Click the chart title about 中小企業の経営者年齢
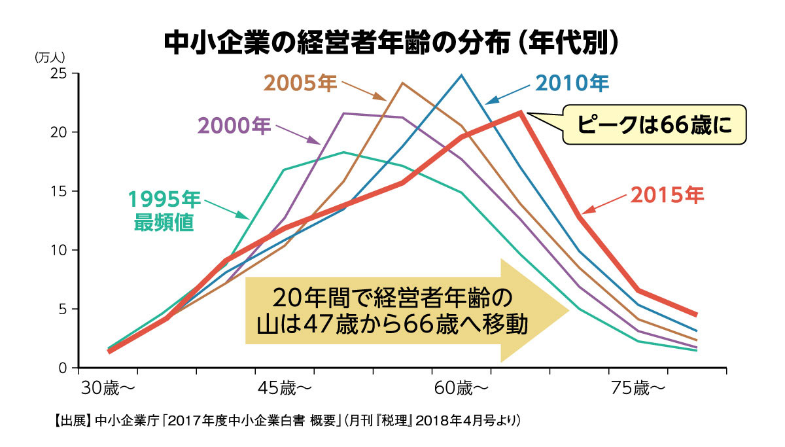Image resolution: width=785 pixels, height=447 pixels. pos(391,43)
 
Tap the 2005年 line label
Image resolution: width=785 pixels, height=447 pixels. pos(300,83)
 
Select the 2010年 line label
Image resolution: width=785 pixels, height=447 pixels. pos(572,83)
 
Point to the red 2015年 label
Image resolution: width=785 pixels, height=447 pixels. pos(667,195)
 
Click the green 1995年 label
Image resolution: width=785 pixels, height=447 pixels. pos(165,199)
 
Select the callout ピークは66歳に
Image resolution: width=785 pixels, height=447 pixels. pos(654,124)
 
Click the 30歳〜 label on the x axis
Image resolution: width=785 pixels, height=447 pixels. pos(108,388)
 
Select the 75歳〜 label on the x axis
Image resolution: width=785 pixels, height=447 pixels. pos(638,388)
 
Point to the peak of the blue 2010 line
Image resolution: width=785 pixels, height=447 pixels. pos(461,75)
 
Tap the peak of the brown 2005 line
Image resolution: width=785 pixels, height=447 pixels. pos(402,82)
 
